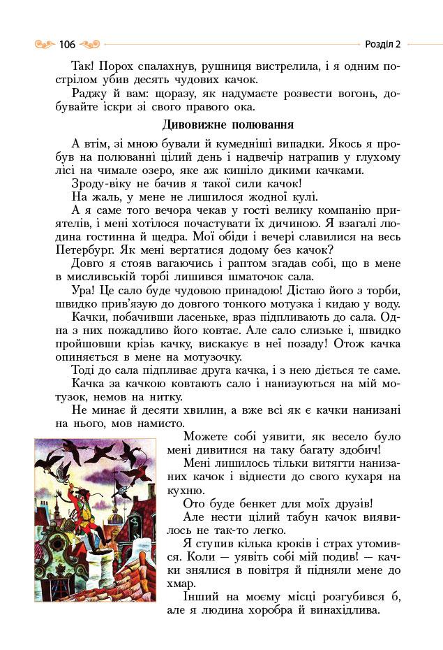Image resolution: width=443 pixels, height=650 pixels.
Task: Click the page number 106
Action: (x=67, y=45)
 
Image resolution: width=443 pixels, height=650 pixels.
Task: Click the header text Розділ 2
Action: (x=382, y=45)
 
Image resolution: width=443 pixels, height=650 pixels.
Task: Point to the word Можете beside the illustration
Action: (x=204, y=436)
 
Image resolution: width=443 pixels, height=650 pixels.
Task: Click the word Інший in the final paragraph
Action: (x=200, y=596)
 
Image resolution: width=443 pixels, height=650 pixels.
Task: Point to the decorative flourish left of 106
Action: (x=45, y=45)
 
